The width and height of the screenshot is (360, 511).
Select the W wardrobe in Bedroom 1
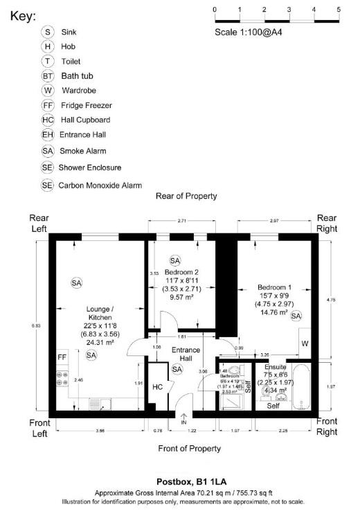[x=305, y=344]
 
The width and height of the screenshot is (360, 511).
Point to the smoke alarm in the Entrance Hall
[x=177, y=369]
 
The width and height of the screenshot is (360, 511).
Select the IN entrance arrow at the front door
[x=183, y=418]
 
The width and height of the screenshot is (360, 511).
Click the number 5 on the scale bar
[x=339, y=9]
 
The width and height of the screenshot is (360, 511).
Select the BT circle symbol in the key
[x=47, y=75]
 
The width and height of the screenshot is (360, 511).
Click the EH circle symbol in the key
[x=47, y=134]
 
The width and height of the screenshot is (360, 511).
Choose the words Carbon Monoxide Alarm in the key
[x=100, y=185]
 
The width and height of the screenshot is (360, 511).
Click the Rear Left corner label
[x=39, y=224]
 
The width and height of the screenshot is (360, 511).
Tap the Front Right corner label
[x=327, y=426]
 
